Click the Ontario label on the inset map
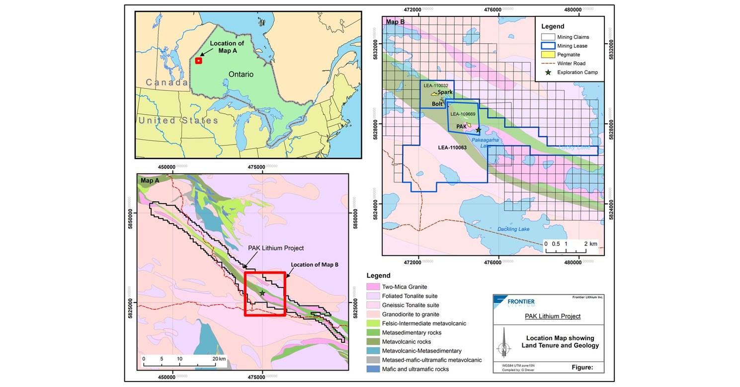click(x=241, y=74)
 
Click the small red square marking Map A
click(x=198, y=61)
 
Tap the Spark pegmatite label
click(x=445, y=92)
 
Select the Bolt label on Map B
click(x=437, y=104)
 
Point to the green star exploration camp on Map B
click(x=479, y=130)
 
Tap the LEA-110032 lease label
click(x=436, y=85)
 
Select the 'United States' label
click(x=178, y=121)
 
